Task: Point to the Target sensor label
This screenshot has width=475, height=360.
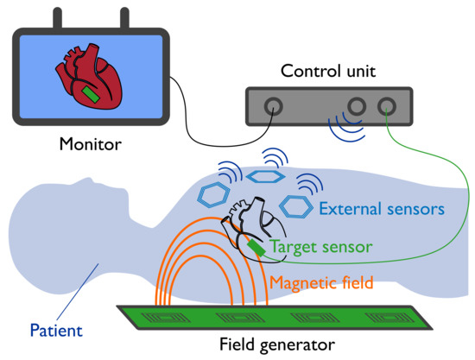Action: (x=321, y=247)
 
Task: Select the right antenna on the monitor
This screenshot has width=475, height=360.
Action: (x=123, y=17)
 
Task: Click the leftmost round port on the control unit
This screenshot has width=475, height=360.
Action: (x=273, y=107)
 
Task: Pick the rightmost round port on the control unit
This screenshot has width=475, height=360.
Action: (x=387, y=107)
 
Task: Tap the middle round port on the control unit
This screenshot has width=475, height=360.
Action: (x=355, y=107)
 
